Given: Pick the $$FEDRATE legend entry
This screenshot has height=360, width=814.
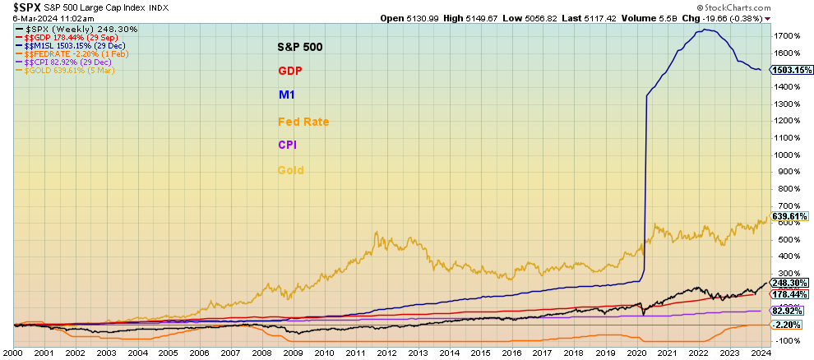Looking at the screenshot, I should coord(62,53).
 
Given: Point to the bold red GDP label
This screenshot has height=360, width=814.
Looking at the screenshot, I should coord(290,71).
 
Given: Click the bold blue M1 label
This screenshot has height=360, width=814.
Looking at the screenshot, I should coord(286,95).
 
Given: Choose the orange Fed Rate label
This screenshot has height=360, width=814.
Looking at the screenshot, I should coord(303,122).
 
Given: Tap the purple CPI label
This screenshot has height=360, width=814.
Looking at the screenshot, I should coord(287,145).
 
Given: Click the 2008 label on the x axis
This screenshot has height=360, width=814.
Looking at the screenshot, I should coord(261,353).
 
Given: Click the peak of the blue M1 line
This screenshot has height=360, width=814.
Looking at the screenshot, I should coord(704,30).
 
